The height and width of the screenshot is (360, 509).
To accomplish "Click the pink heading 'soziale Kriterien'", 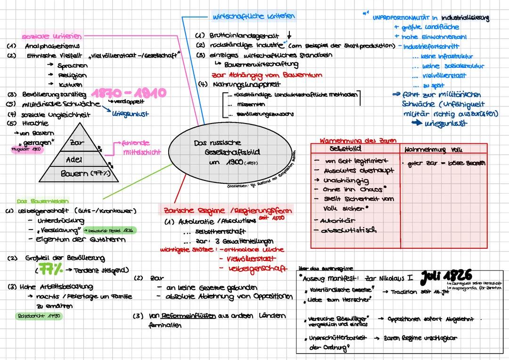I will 51,36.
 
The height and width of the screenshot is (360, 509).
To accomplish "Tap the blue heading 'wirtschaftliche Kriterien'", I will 254,16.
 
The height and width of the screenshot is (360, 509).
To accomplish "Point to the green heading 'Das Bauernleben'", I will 36,200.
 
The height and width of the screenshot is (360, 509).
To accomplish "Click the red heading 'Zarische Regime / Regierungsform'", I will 228,210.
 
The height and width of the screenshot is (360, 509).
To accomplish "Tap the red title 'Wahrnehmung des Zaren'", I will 358,140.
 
